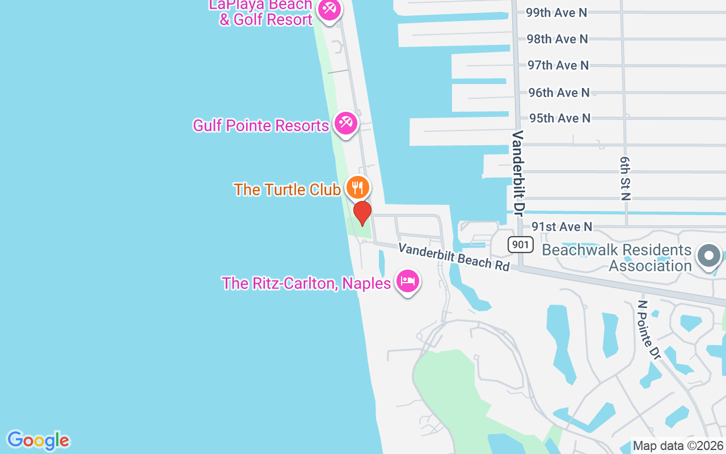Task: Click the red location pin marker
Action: pos(362,213)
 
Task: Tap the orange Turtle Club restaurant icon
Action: pos(357,187)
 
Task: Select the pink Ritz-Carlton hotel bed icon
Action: pos(407,281)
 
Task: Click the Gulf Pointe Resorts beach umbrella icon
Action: pos(345,123)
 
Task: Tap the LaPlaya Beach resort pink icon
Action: pos(328,9)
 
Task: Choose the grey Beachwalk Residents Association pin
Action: pos(708,255)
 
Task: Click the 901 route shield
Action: pos(520,245)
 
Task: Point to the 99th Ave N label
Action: pos(556,12)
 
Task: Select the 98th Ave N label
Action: pos(556,39)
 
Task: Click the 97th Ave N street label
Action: pos(558,65)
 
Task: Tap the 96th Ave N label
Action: pos(559,92)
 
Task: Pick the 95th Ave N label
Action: pos(559,118)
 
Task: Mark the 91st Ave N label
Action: pos(562,226)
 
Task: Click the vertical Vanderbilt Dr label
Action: pos(517,173)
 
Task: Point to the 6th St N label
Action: pos(625,179)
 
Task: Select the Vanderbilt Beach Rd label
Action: pos(453,257)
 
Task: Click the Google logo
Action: pos(38,440)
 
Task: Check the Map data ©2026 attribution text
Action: pos(678,446)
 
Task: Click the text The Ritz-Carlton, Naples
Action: pos(306,283)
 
